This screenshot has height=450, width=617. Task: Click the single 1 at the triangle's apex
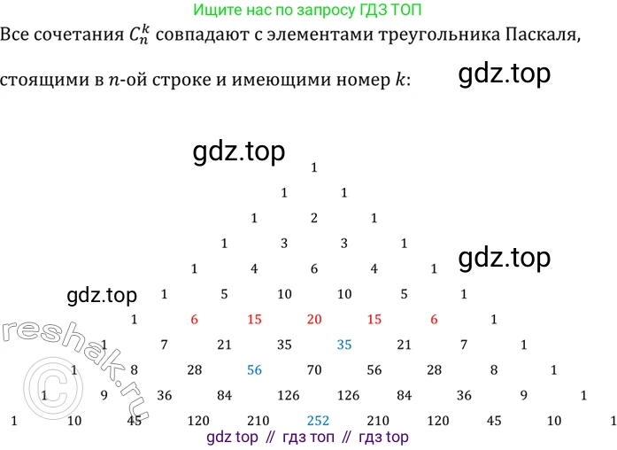314,167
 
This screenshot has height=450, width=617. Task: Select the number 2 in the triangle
314,218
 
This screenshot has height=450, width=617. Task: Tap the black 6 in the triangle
314,268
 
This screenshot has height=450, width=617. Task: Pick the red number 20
314,319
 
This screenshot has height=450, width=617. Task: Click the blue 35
344,345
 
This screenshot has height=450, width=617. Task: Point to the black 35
284,345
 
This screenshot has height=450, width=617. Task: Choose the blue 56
254,370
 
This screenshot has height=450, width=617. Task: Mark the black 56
374,370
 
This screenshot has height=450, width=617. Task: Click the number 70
314,370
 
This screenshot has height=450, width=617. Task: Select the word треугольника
414,37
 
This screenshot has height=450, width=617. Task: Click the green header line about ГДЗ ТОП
307,11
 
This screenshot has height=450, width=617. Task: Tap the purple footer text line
307,438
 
